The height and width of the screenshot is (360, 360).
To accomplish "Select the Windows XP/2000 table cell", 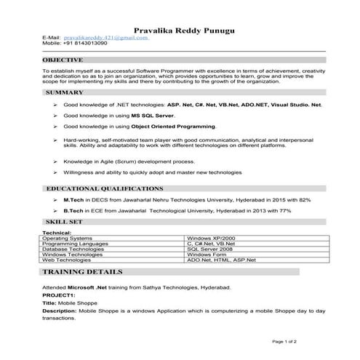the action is click(x=211, y=238).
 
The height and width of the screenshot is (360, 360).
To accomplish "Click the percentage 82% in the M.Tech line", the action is click(x=305, y=199).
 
